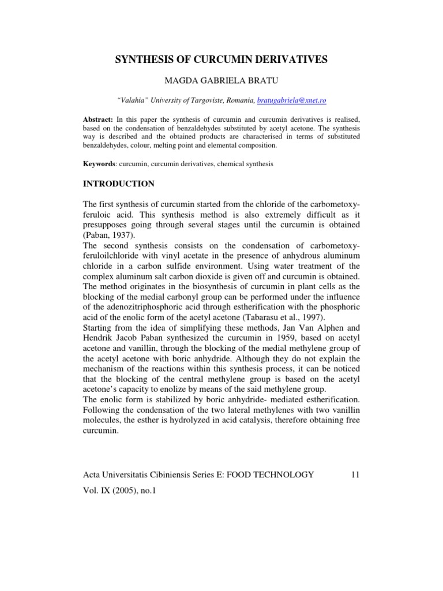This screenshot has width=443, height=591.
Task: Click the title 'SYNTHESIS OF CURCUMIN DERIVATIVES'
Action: (222, 59)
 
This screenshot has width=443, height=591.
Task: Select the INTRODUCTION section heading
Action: (119, 184)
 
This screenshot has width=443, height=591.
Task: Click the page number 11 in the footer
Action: (355, 474)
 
